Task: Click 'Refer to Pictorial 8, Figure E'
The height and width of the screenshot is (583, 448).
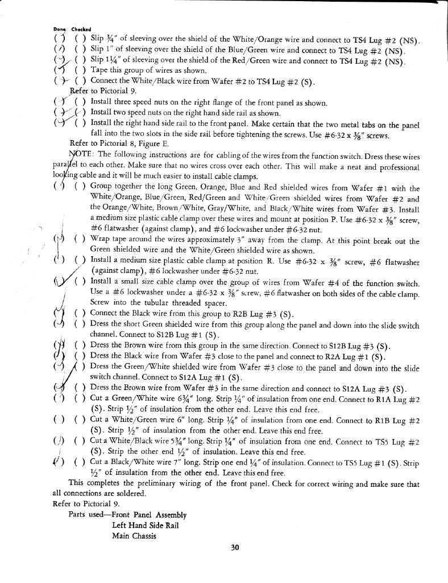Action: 116,143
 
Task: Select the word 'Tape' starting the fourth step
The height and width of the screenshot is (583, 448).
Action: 99,71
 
